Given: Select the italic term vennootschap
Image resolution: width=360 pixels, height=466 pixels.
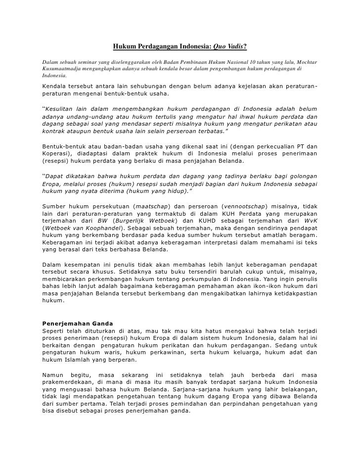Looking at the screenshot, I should coord(244,206).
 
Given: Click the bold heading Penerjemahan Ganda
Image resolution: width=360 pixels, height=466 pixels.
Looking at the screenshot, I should coord(77,323).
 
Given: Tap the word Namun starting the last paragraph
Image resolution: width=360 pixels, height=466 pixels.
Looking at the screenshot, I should coord(53,375).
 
